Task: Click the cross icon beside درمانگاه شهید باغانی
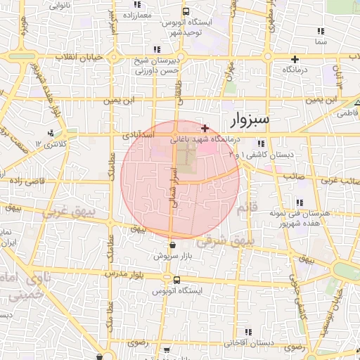[x=205, y=128]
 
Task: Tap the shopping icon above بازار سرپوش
[x=173, y=245]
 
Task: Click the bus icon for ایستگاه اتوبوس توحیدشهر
[x=186, y=12]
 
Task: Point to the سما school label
[x=321, y=41]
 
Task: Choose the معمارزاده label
[x=138, y=14]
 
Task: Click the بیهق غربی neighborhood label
[x=63, y=211]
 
